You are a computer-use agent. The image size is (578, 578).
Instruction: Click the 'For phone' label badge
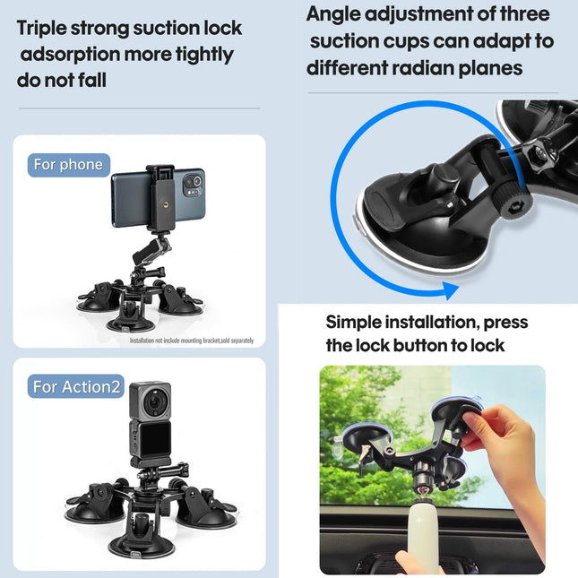(x=68, y=165)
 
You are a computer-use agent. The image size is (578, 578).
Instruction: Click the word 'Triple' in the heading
(x=45, y=28)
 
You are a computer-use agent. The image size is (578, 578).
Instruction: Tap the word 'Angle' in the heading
(x=339, y=14)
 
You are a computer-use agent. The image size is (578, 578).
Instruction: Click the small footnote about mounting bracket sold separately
(x=192, y=341)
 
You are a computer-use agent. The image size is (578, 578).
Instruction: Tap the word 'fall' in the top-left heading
(x=90, y=80)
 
